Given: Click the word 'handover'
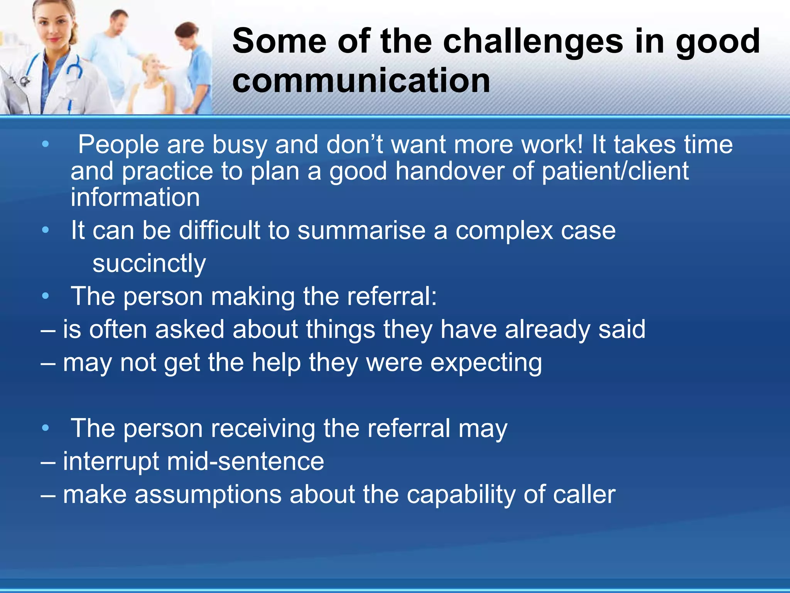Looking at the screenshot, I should pyautogui.click(x=449, y=171).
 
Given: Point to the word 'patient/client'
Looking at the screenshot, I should pyautogui.click(x=615, y=171).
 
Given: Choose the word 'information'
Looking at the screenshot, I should pyautogui.click(x=135, y=197).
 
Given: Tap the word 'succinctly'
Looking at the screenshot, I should pyautogui.click(x=149, y=264).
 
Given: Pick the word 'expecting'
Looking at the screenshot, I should pyautogui.click(x=486, y=363).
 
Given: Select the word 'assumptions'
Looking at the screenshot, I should pyautogui.click(x=208, y=495).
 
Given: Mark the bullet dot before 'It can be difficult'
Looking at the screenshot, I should pyautogui.click(x=46, y=230).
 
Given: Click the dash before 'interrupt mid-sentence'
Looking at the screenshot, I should pyautogui.click(x=48, y=462).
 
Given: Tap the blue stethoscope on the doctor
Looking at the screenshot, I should pyautogui.click(x=73, y=69).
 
